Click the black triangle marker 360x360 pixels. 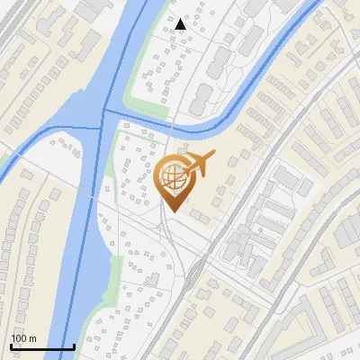tap(181, 24)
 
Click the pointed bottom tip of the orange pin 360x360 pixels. tap(172, 212)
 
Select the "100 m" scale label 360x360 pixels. tap(23, 338)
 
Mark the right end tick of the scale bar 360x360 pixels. tap(74, 346)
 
